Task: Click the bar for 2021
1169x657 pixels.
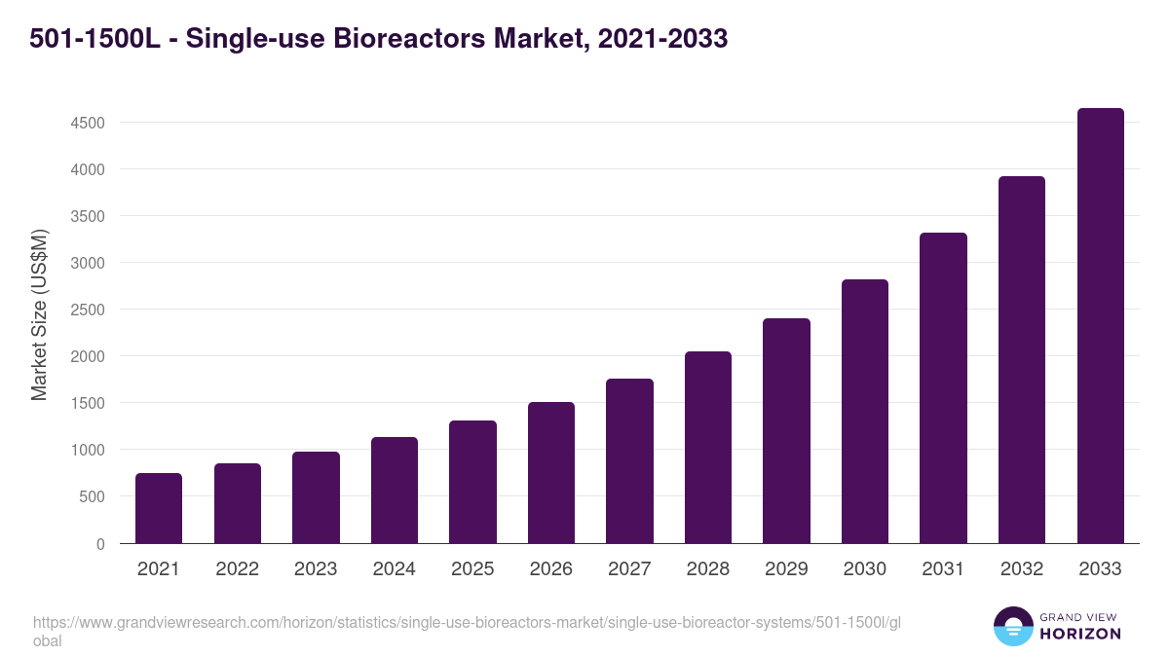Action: pos(159,508)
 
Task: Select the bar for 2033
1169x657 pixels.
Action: pos(1100,326)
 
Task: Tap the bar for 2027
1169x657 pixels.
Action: pos(629,461)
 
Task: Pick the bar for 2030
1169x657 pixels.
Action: pos(865,412)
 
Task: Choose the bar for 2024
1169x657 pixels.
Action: pos(394,491)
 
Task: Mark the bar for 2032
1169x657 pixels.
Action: pos(1022,360)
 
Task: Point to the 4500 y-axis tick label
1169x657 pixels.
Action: pos(86,123)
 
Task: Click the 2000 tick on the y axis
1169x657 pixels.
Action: pos(86,356)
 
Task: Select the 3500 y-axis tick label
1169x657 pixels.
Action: pos(86,216)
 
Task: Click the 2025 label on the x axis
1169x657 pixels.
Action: pos(472,569)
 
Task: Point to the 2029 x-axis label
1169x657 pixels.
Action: pos(786,569)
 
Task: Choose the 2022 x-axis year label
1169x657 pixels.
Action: pos(237,569)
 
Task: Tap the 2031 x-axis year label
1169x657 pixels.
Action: pos(943,569)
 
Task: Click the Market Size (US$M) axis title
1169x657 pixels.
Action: pos(39,314)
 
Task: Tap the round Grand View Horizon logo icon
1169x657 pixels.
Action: pos(1012,626)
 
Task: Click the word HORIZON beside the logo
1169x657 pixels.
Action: pos(1080,634)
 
